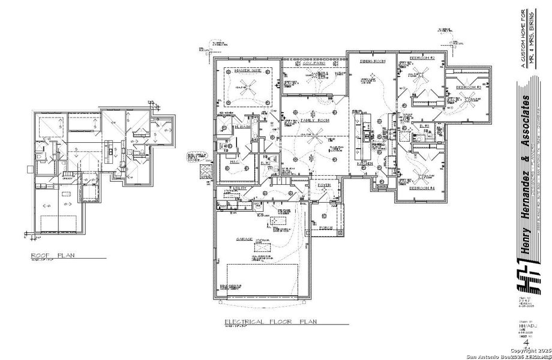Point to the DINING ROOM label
(x=372, y=61)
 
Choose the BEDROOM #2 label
(x=422, y=58)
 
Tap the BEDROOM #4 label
(x=422, y=188)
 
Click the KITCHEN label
(x=366, y=163)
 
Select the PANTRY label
(x=379, y=186)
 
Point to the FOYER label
(x=325, y=185)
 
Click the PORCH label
(x=325, y=227)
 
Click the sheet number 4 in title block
(x=526, y=343)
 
